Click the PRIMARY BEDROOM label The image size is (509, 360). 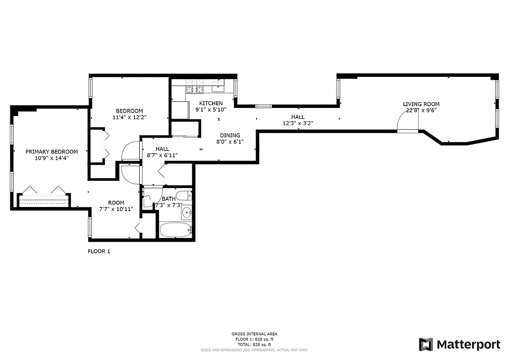tap(51, 152)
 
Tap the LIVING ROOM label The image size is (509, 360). tap(421, 104)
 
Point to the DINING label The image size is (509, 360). tap(230, 135)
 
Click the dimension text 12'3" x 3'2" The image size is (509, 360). tap(297, 123)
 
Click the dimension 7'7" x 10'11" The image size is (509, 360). tap(116, 209)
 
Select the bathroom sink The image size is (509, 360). tap(187, 212)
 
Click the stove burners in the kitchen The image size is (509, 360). tap(195, 86)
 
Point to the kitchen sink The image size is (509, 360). tap(219, 83)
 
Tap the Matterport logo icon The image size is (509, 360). tap(425, 344)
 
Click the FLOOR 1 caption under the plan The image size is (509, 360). tap(99, 252)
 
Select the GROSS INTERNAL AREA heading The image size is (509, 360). tap(254, 334)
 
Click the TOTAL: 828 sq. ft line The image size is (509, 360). tap(254, 344)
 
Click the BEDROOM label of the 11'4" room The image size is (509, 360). tap(129, 111)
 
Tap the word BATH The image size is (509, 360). tap(169, 199)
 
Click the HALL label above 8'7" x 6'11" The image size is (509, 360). tap(162, 149)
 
